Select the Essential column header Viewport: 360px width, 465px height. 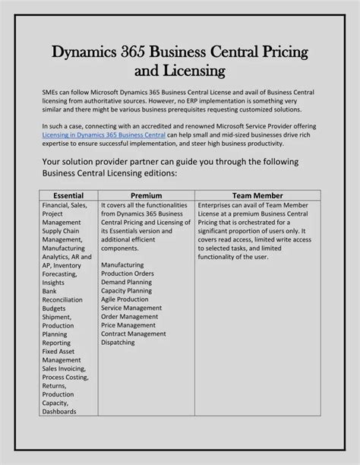click(68, 195)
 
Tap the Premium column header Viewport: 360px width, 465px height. click(146, 195)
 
